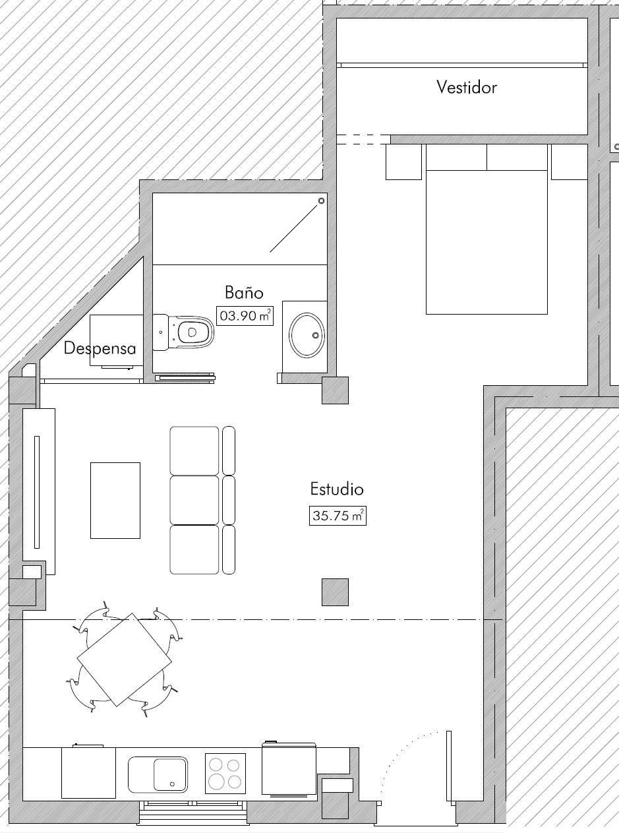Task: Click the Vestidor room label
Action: point(467,87)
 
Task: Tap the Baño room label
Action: point(244,292)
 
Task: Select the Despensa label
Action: point(100,348)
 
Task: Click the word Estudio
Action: point(337,489)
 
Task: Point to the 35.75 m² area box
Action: point(338,516)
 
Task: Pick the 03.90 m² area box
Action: point(245,316)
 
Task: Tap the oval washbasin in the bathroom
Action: point(307,334)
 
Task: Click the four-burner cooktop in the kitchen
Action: point(225,773)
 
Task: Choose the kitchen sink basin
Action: point(170,774)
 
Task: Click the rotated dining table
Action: point(124,660)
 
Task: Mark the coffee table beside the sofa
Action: point(115,501)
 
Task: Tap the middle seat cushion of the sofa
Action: point(194,500)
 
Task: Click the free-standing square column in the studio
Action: point(335,592)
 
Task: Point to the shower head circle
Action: point(322,201)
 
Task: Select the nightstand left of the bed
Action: point(403,162)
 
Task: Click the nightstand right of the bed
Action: point(569,162)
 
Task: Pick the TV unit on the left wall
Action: point(38,491)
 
